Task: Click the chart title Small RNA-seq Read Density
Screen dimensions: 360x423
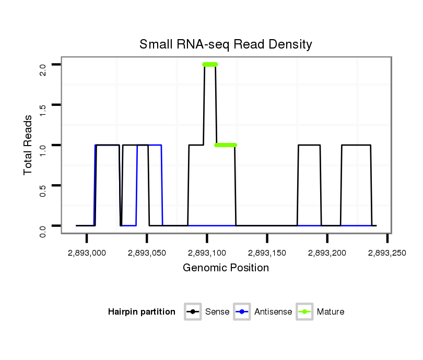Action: click(x=226, y=44)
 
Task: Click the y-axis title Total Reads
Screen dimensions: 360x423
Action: click(x=29, y=145)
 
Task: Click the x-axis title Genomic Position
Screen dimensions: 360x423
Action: click(x=226, y=268)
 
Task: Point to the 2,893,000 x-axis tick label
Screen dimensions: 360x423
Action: click(x=87, y=253)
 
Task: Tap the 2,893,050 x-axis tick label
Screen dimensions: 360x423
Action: click(x=147, y=253)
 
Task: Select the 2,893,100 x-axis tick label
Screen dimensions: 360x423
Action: click(x=207, y=253)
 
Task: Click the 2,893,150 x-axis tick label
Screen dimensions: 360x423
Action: click(x=267, y=253)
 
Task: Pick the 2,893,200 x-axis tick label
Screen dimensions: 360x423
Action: click(x=327, y=253)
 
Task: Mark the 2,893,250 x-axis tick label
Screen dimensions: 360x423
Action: click(x=387, y=253)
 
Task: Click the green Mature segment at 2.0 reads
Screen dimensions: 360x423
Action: click(x=210, y=65)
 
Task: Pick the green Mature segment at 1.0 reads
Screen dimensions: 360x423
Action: click(x=226, y=145)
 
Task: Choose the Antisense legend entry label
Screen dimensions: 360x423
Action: click(x=273, y=312)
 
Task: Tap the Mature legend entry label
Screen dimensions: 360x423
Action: click(x=331, y=312)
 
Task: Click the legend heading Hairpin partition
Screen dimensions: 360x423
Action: click(x=142, y=312)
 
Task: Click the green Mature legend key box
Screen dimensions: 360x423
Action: click(x=304, y=312)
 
